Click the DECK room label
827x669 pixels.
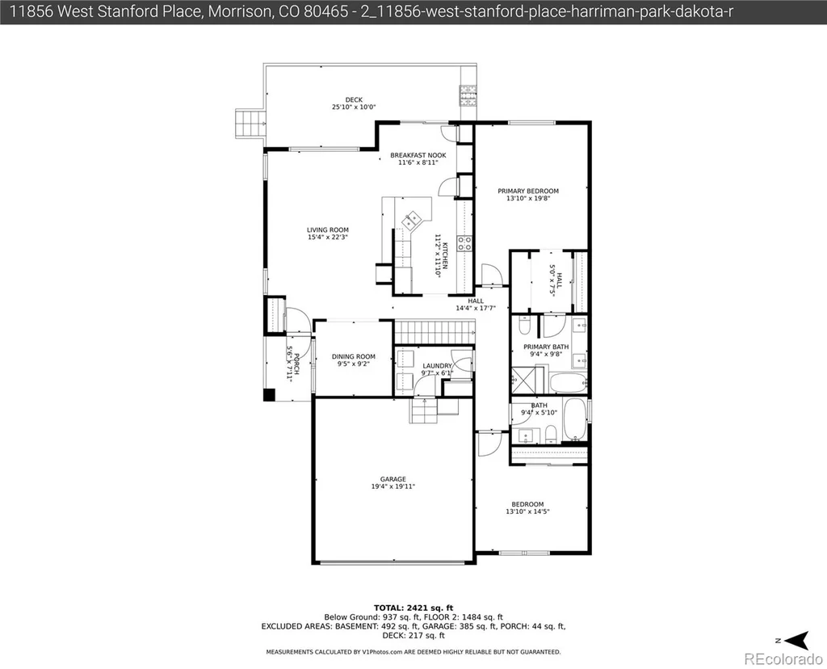coord(354,99)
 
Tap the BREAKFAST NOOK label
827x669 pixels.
coord(418,155)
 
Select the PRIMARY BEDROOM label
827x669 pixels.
coord(528,191)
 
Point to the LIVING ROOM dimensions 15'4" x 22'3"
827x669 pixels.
coord(328,238)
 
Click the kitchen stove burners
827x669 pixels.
coord(464,243)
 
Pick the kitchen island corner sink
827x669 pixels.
coord(411,220)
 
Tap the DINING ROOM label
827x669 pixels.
coord(354,356)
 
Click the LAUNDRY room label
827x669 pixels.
coord(437,366)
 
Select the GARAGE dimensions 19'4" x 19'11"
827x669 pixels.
coord(393,486)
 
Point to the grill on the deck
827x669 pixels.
coord(468,95)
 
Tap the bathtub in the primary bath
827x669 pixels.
coord(568,382)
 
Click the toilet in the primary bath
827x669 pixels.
coord(525,326)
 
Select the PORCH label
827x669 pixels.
coord(296,364)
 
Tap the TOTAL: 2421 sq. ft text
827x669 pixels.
coord(413,608)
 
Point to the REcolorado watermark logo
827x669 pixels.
coord(783,658)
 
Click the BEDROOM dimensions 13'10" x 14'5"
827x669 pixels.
coord(527,511)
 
